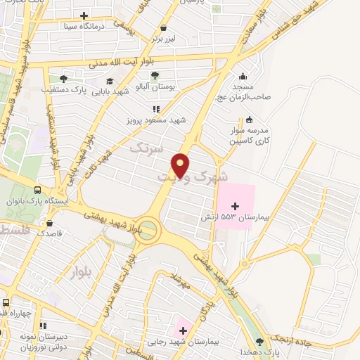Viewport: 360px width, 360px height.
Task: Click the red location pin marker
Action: pyautogui.click(x=181, y=165)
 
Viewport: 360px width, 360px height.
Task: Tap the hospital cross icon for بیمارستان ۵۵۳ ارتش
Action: pyautogui.click(x=235, y=205)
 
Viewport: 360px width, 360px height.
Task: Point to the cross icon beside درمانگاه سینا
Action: pyautogui.click(x=84, y=15)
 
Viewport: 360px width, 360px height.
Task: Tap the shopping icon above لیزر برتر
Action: pyautogui.click(x=164, y=28)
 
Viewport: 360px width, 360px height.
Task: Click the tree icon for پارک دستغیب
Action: pyautogui.click(x=63, y=78)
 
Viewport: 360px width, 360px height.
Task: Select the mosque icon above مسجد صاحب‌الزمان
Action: pyautogui.click(x=243, y=77)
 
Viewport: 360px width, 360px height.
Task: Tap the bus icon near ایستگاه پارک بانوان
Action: pyautogui.click(x=37, y=189)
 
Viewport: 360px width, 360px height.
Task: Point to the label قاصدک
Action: pyautogui.click(x=51, y=233)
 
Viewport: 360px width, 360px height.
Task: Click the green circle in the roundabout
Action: pyautogui.click(x=147, y=233)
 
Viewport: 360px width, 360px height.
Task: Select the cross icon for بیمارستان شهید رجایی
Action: pyautogui.click(x=183, y=329)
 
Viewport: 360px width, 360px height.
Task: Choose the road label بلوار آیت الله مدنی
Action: pyautogui.click(x=123, y=62)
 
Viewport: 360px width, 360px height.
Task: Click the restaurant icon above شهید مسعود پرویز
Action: pyautogui.click(x=156, y=109)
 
